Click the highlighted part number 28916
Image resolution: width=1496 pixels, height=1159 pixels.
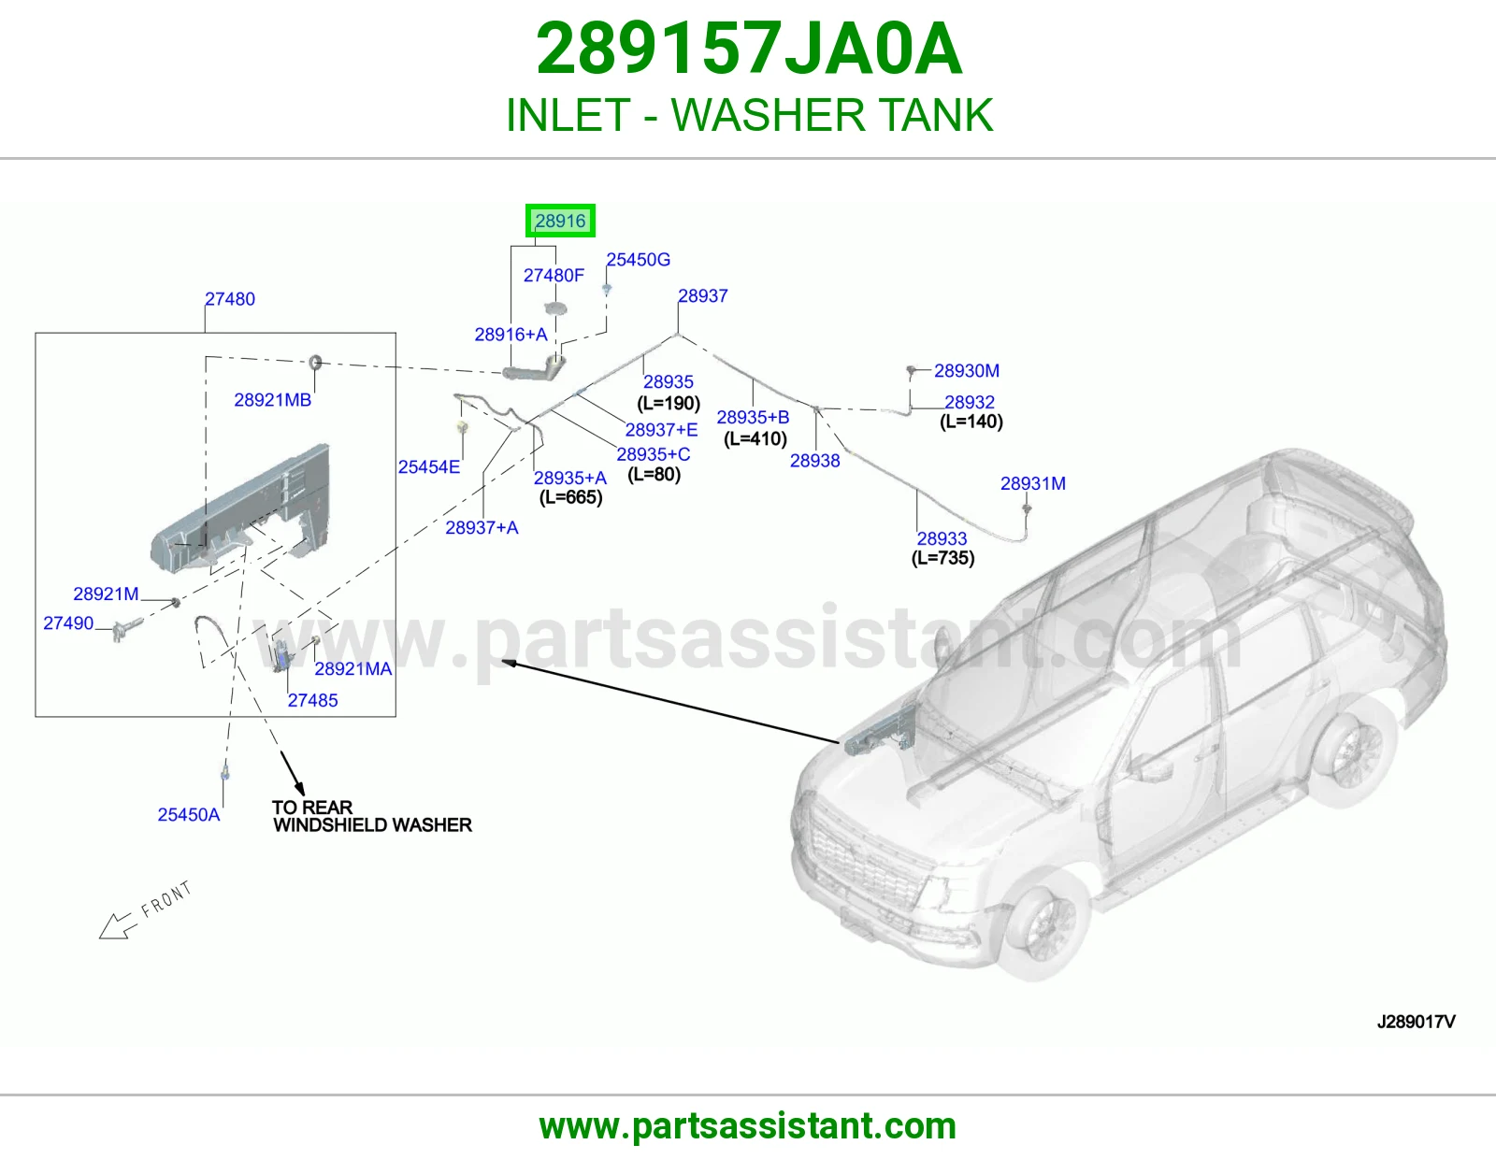tap(560, 221)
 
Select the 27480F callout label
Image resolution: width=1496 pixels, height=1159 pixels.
tap(554, 276)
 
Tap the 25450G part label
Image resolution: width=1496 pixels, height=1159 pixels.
tap(639, 260)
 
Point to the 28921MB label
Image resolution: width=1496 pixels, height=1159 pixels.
tap(273, 400)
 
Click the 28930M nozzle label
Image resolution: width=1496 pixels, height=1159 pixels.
tap(967, 370)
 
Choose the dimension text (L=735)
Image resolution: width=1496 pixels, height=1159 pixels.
tap(942, 557)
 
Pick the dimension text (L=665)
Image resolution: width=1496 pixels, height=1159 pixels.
tap(570, 497)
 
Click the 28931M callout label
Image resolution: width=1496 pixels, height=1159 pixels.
tap(1032, 483)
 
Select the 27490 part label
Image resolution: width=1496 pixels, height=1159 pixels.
tap(68, 622)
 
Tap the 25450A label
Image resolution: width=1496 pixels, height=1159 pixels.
tap(189, 814)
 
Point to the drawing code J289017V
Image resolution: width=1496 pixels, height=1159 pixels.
tap(1417, 1022)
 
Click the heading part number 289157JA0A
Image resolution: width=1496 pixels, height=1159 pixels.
tap(749, 49)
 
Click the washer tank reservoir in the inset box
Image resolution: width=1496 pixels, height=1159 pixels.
tap(241, 509)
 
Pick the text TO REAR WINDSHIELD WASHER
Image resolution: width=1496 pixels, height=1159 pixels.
tap(372, 816)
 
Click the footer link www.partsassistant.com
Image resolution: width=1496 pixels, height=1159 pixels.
tap(748, 1126)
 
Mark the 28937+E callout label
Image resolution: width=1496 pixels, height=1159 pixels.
tap(661, 429)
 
